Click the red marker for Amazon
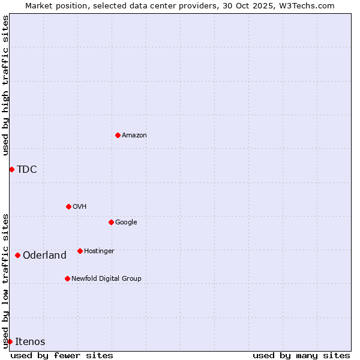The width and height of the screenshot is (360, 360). tap(118, 135)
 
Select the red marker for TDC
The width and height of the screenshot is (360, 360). tap(11, 169)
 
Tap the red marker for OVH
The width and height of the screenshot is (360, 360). tap(68, 206)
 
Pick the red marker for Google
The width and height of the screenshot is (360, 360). tap(111, 222)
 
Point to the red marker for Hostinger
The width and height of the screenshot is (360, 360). tap(80, 251)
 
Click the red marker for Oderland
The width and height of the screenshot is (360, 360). tap(17, 255)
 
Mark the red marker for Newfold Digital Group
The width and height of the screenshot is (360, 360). tap(67, 278)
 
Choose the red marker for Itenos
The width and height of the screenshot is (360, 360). tap(10, 341)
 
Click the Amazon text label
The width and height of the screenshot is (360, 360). tap(134, 136)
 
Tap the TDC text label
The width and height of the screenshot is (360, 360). tap(27, 169)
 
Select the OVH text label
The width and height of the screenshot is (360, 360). tap(80, 206)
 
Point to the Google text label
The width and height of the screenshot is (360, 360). tap(126, 222)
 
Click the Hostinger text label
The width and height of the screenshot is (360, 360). tap(99, 251)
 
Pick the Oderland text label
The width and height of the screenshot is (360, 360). tap(44, 256)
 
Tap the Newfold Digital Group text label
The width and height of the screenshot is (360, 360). tap(106, 278)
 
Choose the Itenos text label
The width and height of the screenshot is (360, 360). tap(30, 342)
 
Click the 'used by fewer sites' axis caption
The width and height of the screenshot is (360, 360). tap(62, 355)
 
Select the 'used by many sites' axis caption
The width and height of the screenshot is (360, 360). tap(301, 355)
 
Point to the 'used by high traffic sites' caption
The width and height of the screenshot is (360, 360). tap(6, 85)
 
